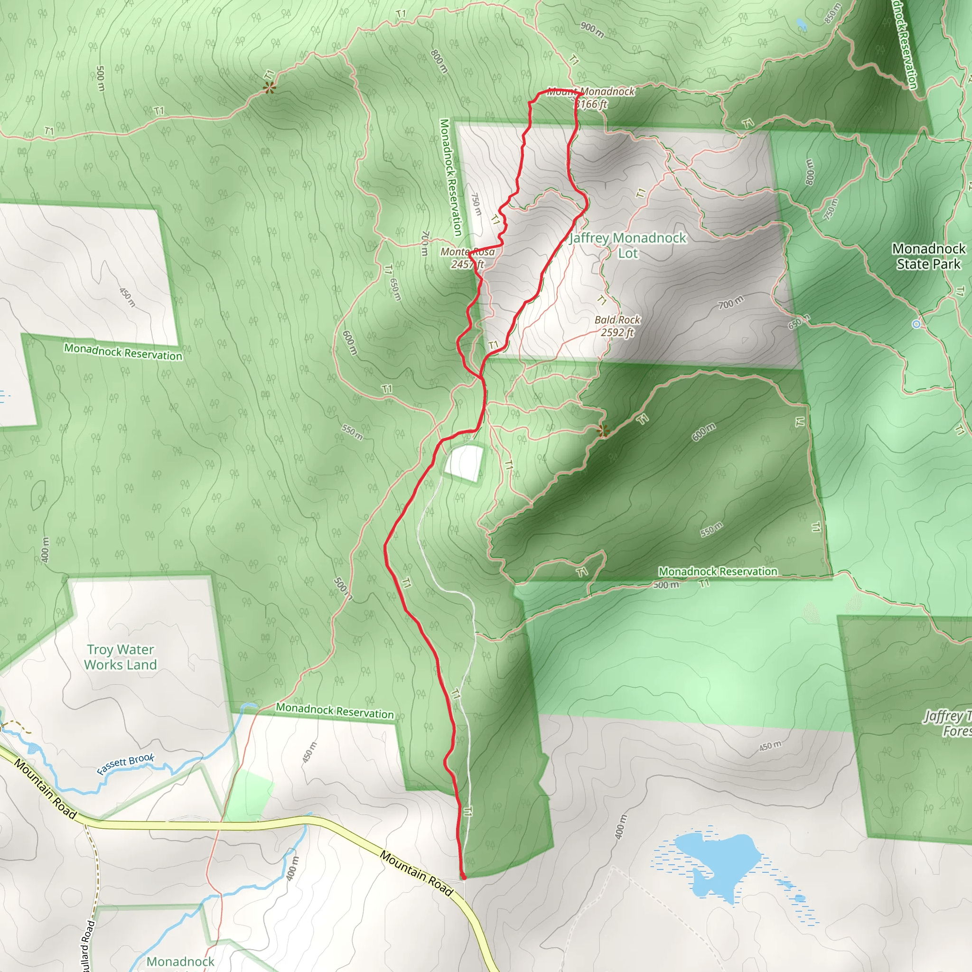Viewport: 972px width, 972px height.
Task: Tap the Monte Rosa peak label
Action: tap(467, 252)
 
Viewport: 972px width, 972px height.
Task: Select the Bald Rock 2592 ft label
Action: tap(617, 326)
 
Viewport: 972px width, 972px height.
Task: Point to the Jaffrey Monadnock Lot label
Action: tap(627, 245)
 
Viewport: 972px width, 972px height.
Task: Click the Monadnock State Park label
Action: tap(928, 256)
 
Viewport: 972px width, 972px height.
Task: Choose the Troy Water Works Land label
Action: tap(120, 657)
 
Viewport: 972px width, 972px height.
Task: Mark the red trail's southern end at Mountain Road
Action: tap(463, 878)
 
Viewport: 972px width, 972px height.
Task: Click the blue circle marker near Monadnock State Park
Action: tap(916, 325)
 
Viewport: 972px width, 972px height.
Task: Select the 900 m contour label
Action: tap(592, 31)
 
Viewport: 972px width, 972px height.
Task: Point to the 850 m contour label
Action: tap(832, 14)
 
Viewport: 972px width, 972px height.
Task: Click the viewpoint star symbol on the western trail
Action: tap(270, 89)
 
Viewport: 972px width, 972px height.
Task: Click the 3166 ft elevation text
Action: tap(591, 104)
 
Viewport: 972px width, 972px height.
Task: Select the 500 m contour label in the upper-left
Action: tap(100, 78)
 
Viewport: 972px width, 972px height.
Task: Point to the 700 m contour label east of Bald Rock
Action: tap(730, 303)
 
